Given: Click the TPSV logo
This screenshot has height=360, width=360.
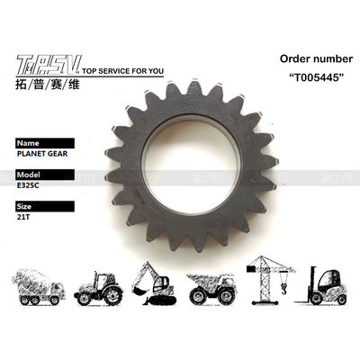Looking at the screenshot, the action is click(x=49, y=65).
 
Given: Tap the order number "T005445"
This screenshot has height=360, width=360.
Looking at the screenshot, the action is click(x=316, y=77).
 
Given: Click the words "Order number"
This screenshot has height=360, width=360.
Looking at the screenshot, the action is click(x=316, y=58).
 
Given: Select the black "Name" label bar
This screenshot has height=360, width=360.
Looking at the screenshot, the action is click(x=45, y=143).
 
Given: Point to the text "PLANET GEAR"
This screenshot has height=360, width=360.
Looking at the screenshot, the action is click(x=42, y=154).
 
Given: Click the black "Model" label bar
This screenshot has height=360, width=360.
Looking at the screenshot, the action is click(x=45, y=175).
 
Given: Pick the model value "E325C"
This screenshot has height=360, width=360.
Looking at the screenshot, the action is click(x=28, y=185).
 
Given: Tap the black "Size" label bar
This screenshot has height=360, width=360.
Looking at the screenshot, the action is click(x=45, y=206).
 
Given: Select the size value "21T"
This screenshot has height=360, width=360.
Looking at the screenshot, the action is click(x=23, y=217).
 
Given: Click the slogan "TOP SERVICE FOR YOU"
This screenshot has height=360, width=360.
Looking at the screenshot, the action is click(x=122, y=71).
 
